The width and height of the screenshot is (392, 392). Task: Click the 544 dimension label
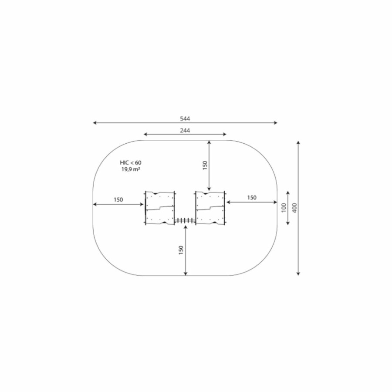(x=185, y=118)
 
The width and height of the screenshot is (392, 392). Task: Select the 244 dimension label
(x=185, y=130)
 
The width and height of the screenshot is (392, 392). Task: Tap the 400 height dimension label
(x=295, y=208)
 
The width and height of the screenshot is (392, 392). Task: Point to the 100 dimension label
(x=284, y=208)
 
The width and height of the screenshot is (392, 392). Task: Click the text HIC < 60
(x=131, y=163)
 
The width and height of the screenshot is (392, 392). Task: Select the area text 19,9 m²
(x=131, y=169)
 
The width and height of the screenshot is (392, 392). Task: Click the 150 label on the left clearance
(x=118, y=200)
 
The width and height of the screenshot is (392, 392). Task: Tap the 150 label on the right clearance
(x=252, y=197)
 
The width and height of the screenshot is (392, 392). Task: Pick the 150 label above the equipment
(x=205, y=165)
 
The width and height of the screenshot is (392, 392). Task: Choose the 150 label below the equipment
(x=181, y=250)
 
